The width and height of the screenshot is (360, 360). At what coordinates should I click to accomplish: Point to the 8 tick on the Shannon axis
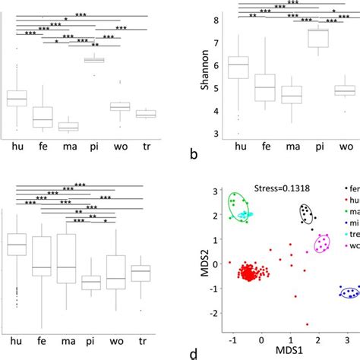[x=217, y=20]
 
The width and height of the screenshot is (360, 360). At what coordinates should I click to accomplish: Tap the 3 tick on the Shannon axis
[x=217, y=134]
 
